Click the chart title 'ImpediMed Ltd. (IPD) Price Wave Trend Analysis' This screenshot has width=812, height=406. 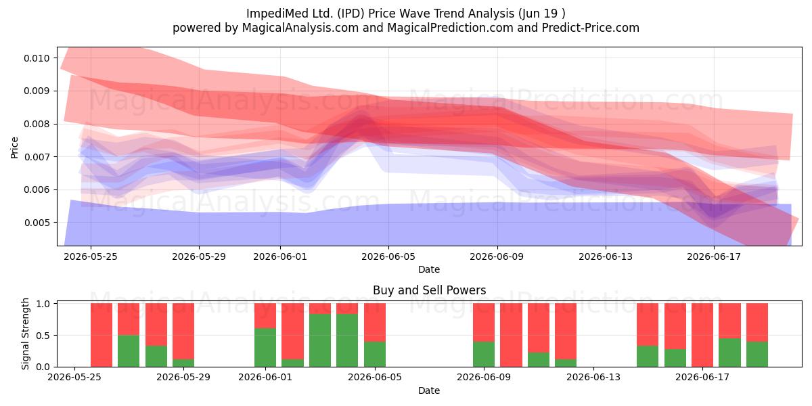coord(380,14)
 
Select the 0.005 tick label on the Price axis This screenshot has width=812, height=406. coord(37,222)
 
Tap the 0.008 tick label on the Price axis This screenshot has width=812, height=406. coord(37,124)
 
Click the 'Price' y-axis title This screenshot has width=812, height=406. coord(14,148)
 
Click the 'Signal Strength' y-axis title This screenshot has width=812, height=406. coord(25,334)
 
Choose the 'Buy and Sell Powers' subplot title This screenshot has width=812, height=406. coord(429,290)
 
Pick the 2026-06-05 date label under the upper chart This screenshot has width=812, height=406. coord(388,256)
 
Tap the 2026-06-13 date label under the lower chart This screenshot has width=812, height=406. coord(593,378)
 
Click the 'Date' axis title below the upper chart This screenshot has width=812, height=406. coord(429,269)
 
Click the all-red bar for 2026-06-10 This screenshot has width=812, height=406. coord(511,335)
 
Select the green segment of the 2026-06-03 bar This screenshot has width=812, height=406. coord(320,340)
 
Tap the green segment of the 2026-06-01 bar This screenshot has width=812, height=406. coord(265,347)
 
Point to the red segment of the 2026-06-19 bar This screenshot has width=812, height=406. coord(757,322)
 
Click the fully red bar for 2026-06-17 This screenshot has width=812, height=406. coord(702,335)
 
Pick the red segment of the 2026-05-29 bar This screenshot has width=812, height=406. coord(183,332)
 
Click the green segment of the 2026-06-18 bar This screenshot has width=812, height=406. coord(729,353)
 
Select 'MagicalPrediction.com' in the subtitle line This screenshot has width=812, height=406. coord(450,28)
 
